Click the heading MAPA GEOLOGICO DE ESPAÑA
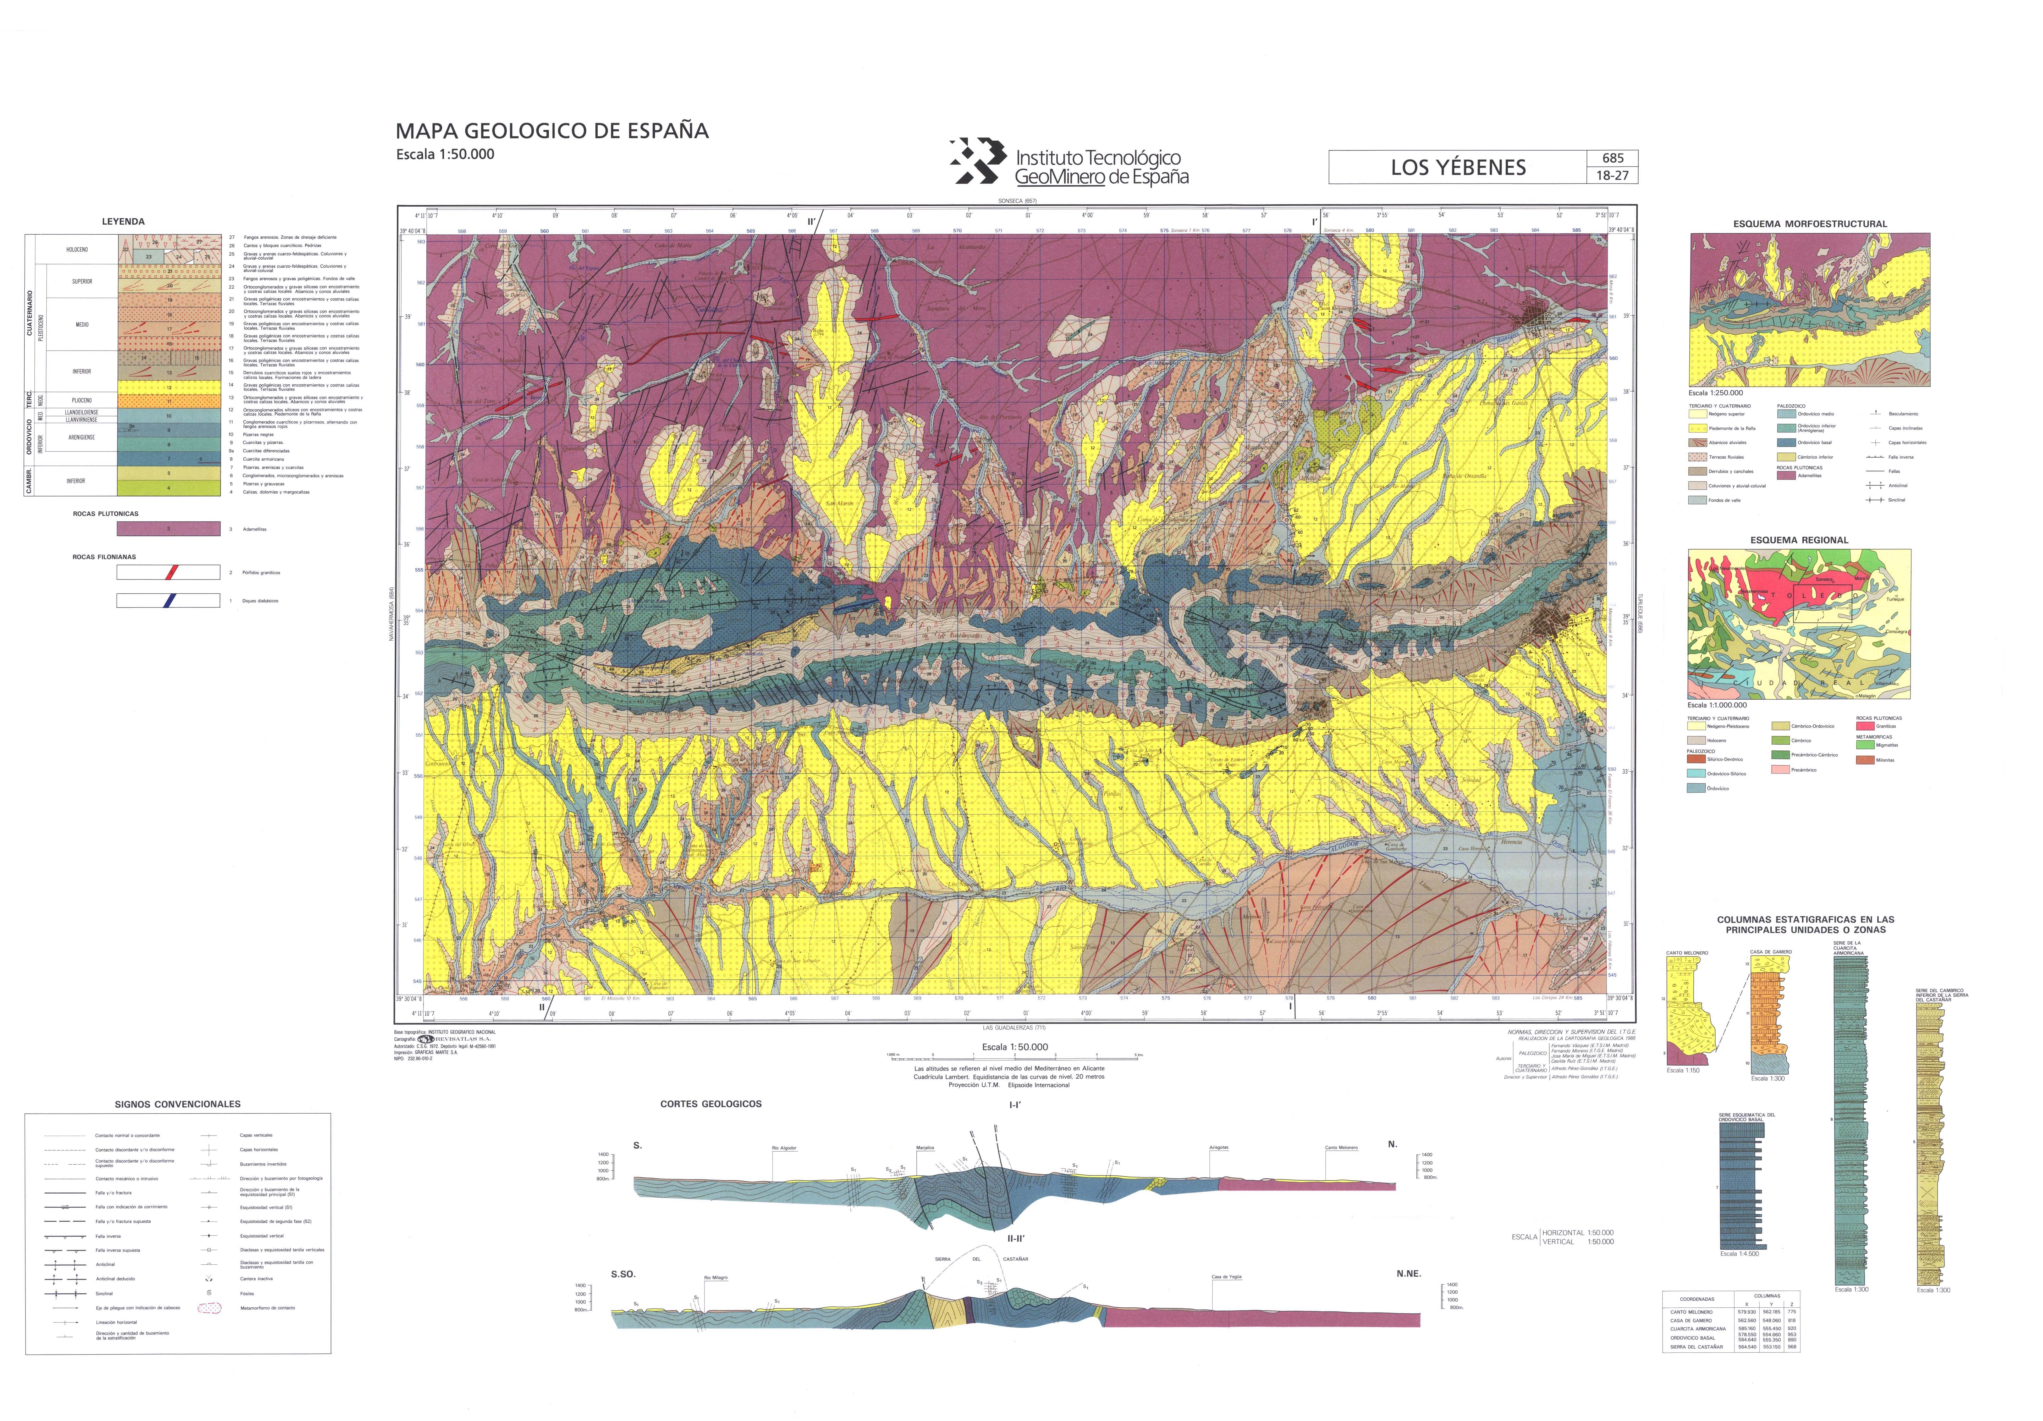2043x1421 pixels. [552, 131]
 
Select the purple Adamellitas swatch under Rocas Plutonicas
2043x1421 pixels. [168, 529]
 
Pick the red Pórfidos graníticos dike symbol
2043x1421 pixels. [168, 572]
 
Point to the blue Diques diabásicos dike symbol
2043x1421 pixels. [168, 601]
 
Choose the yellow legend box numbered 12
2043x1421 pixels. [168, 388]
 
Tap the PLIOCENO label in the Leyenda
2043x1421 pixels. [82, 400]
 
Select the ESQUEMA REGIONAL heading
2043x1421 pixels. [1798, 540]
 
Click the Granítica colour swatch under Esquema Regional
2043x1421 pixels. [1865, 726]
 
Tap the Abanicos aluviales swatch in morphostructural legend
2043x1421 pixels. [1697, 442]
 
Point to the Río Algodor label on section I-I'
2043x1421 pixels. [784, 1148]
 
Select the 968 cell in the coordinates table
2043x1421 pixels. [1791, 1346]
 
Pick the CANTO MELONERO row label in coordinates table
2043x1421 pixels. [1691, 1312]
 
